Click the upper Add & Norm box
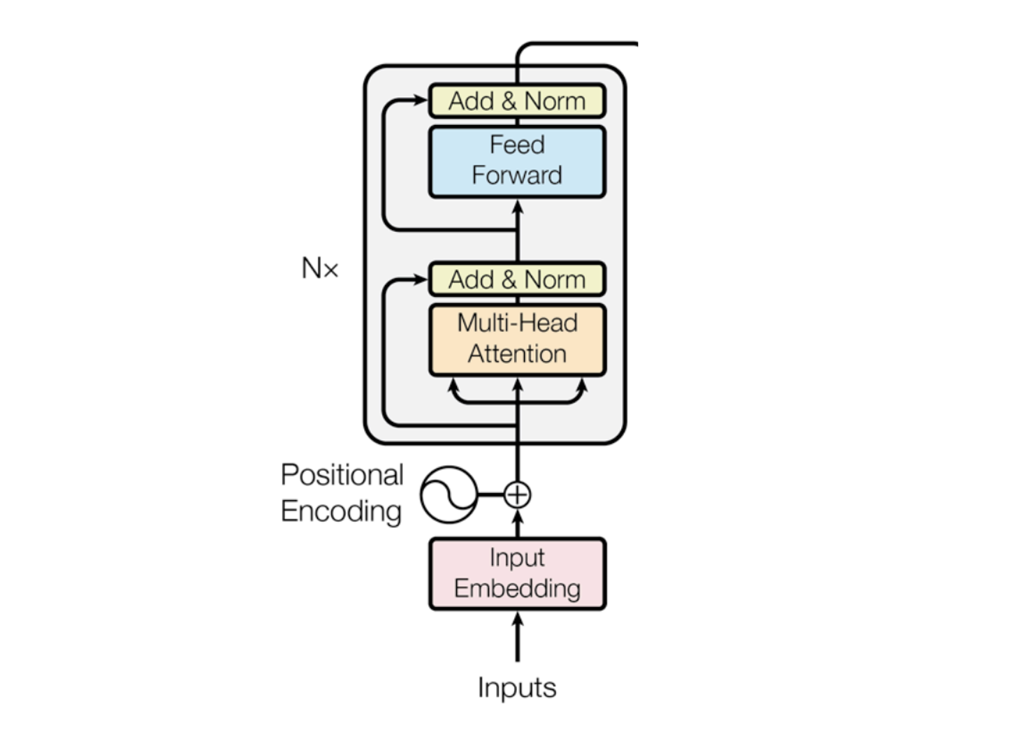click(x=516, y=101)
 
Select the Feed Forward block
click(x=516, y=161)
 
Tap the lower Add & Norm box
click(x=516, y=279)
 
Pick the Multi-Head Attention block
click(x=516, y=339)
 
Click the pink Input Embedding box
click(x=517, y=573)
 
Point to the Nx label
click(x=320, y=268)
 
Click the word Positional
click(x=342, y=475)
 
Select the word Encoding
click(x=341, y=511)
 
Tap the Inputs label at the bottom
click(x=517, y=688)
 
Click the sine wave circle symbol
click(x=449, y=495)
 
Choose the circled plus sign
click(x=517, y=495)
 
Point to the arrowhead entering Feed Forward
click(x=517, y=207)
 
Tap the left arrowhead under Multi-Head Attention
click(x=453, y=385)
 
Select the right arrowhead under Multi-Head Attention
click(x=582, y=385)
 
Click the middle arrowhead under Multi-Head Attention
click(x=517, y=386)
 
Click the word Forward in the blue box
click(x=516, y=175)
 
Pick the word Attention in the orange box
click(x=516, y=354)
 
